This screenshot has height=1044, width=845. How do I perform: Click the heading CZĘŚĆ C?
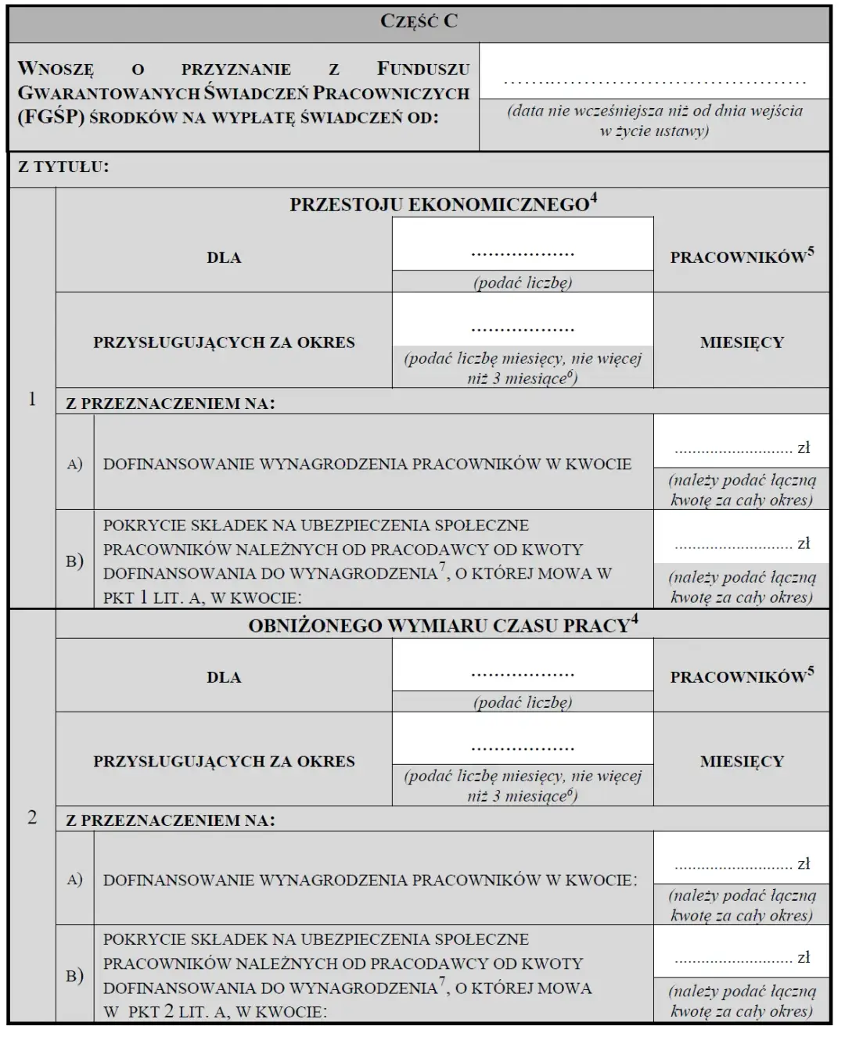click(419, 21)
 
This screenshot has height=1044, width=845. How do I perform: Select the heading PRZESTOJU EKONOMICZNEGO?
click(443, 204)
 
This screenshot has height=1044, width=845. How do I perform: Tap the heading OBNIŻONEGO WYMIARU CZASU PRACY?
click(443, 625)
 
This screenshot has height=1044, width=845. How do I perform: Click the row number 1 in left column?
click(32, 399)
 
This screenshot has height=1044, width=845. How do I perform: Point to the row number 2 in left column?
click(32, 817)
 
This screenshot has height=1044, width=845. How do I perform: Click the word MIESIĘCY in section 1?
click(742, 343)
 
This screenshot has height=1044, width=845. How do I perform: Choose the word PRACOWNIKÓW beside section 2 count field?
click(738, 677)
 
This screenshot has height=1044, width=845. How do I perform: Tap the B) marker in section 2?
click(75, 976)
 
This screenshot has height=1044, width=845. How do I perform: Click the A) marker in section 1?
click(75, 464)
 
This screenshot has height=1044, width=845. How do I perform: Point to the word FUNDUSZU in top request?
click(423, 69)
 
